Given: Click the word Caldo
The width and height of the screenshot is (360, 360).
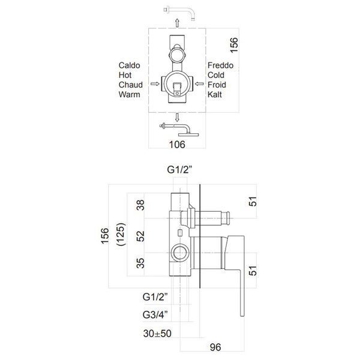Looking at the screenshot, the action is coord(129,65).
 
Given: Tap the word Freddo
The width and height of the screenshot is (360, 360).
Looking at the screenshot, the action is coord(220,65).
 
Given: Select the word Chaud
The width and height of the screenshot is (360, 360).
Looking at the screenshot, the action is coord(130,85).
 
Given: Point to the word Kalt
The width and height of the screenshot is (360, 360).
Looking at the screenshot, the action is coord(215,94).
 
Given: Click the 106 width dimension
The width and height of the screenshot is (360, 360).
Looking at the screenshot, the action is coord(177,145).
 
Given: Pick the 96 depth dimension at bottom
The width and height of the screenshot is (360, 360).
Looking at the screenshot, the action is coord(215,347).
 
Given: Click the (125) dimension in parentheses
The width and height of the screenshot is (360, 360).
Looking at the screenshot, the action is coord(121,234).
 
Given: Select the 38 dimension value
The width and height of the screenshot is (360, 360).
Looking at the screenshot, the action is coord(140,205).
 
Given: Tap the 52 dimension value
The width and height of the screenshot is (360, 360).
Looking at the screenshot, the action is coord(140,236).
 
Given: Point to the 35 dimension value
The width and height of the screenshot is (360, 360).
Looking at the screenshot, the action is coord(140,263).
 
